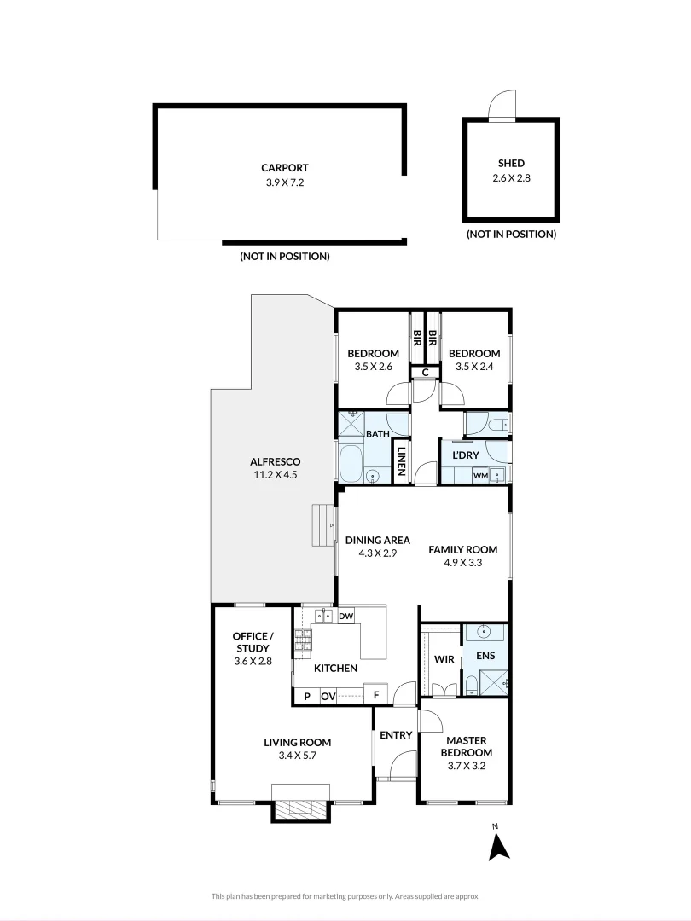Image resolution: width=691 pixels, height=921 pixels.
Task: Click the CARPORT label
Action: (285, 168)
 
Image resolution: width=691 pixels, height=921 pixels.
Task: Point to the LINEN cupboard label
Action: (399, 466)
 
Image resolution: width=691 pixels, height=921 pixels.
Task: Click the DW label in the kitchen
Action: (345, 616)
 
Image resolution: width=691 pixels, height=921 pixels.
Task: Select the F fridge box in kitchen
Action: (376, 696)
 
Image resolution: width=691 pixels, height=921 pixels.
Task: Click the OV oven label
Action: (328, 696)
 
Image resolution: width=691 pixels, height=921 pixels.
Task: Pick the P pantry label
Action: (305, 696)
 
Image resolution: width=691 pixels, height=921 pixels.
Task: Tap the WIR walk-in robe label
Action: (443, 659)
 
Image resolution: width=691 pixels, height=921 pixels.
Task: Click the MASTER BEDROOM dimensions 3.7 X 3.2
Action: (466, 765)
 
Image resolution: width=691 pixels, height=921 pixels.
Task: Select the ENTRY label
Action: (396, 735)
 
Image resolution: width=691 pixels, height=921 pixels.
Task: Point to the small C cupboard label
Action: (424, 372)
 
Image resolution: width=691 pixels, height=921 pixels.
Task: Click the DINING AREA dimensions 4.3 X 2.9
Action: (377, 553)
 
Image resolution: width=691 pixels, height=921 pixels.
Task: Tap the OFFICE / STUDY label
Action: (253, 642)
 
